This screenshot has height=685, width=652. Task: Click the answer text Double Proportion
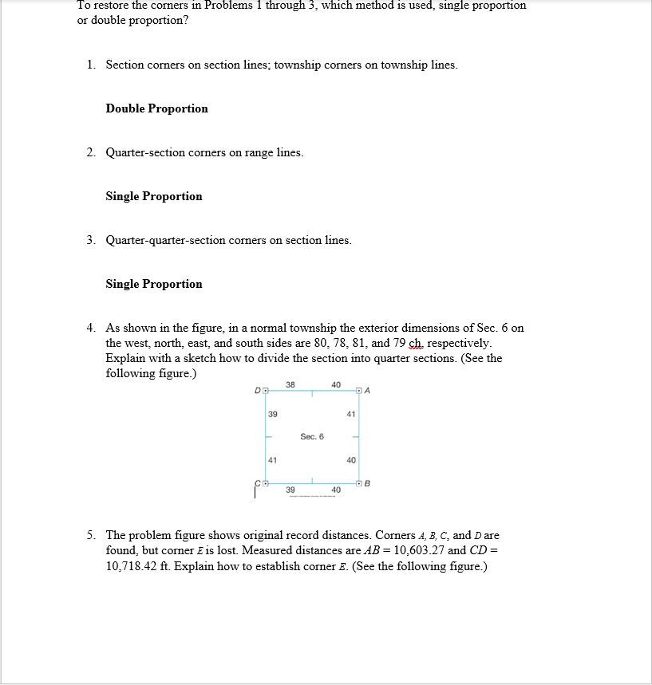[x=156, y=108]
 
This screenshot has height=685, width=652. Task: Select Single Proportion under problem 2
[x=154, y=196]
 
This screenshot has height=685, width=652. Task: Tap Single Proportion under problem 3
[x=154, y=284]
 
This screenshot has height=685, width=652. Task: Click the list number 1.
[x=91, y=65]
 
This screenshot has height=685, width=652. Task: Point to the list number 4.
[x=91, y=328]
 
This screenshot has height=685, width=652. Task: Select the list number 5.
[x=91, y=535]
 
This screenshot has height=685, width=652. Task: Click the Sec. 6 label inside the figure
[x=312, y=436]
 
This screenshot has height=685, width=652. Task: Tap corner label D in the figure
[x=256, y=390]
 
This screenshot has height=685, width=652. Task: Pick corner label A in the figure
[x=368, y=390]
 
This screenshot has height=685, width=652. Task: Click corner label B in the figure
[x=368, y=483]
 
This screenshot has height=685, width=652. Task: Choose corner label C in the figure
[x=257, y=483]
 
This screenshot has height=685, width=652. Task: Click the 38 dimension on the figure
[x=290, y=384]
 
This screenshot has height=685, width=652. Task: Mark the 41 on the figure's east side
[x=351, y=414]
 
